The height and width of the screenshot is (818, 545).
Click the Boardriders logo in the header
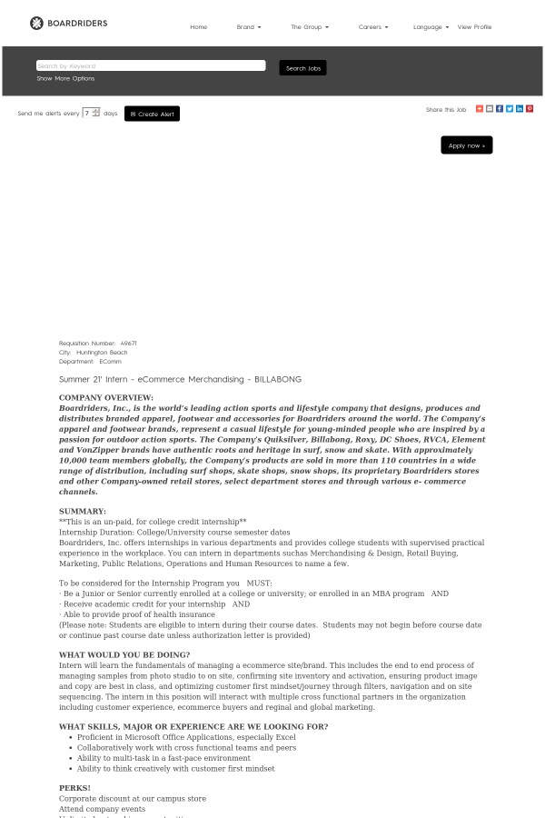pyautogui.click(x=68, y=23)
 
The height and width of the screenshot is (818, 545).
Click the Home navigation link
pyautogui.click(x=198, y=27)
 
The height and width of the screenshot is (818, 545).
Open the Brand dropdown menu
pyautogui.click(x=248, y=27)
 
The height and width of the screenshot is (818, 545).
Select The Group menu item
pyautogui.click(x=309, y=27)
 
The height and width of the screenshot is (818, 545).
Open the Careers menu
pyautogui.click(x=372, y=27)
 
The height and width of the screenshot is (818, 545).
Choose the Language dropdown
pyautogui.click(x=431, y=27)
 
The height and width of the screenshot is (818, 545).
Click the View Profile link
pyautogui.click(x=474, y=27)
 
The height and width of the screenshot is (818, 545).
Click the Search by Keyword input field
pyautogui.click(x=151, y=65)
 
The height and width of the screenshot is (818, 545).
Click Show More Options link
pyautogui.click(x=65, y=79)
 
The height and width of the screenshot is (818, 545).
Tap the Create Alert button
pyautogui.click(x=152, y=114)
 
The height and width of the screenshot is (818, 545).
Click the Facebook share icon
pyautogui.click(x=500, y=109)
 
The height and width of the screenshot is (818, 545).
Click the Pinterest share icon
pyautogui.click(x=530, y=109)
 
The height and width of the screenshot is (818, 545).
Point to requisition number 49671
pyautogui.click(x=128, y=344)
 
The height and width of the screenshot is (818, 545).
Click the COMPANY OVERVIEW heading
pyautogui.click(x=106, y=397)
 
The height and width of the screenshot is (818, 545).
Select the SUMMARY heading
pyautogui.click(x=83, y=511)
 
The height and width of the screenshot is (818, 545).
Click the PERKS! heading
pyautogui.click(x=74, y=788)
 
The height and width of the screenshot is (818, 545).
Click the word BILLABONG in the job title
pyautogui.click(x=278, y=379)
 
